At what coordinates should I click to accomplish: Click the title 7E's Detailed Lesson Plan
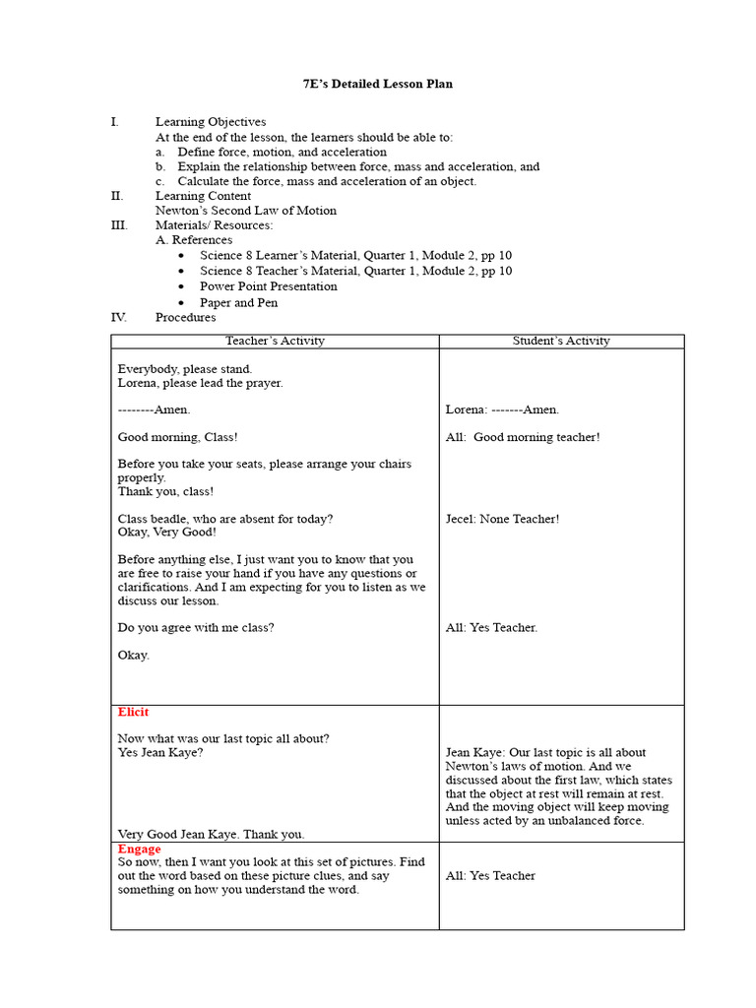click(x=377, y=85)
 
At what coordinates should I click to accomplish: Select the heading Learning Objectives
click(x=210, y=122)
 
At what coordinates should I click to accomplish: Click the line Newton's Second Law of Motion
click(x=245, y=211)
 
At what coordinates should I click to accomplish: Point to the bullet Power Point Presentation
click(x=268, y=286)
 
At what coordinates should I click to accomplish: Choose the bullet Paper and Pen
click(x=238, y=303)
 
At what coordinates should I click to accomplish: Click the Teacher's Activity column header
click(x=275, y=342)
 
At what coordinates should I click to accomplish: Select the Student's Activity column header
click(x=561, y=342)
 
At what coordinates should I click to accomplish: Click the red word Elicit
click(x=134, y=713)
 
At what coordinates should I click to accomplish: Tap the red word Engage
click(x=139, y=849)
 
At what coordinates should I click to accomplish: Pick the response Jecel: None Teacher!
click(x=502, y=519)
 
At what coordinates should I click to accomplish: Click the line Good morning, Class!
click(x=177, y=437)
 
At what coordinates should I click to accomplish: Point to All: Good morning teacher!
click(x=523, y=437)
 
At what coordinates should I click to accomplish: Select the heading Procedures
click(x=185, y=318)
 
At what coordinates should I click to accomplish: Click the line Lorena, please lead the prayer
click(x=200, y=383)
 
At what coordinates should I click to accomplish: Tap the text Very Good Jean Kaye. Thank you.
click(x=211, y=834)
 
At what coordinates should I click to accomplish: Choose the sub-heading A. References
click(x=194, y=240)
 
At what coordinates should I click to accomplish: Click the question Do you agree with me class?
click(x=196, y=628)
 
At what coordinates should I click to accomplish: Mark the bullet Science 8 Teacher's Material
click(x=355, y=271)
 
